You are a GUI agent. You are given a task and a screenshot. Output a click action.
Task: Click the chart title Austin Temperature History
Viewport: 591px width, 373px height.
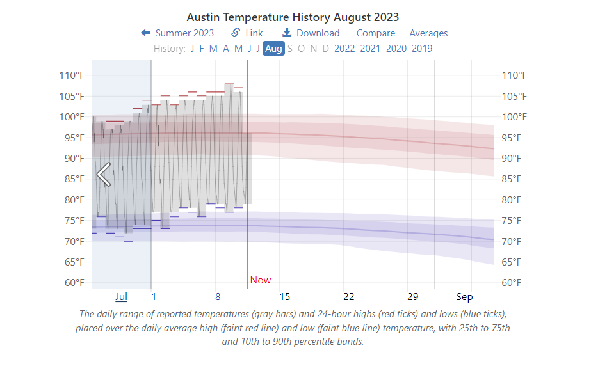293,17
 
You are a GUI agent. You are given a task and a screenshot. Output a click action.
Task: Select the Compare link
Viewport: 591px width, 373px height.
376,33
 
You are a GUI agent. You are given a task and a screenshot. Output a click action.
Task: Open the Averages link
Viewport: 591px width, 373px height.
428,33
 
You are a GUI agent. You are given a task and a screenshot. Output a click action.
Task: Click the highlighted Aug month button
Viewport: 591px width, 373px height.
273,48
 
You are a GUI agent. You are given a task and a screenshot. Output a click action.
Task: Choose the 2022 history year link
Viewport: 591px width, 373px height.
344,48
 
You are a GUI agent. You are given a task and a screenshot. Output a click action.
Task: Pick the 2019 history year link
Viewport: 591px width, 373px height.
422,48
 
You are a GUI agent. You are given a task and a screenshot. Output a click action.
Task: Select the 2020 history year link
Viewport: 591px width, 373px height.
396,48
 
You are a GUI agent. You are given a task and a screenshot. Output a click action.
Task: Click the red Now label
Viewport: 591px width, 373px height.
261,280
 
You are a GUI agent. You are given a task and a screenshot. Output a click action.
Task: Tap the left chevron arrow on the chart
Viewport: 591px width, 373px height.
104,174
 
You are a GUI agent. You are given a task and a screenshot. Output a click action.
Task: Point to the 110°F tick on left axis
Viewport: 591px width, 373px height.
72,75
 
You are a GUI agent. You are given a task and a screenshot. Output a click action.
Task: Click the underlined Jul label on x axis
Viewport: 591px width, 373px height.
122,297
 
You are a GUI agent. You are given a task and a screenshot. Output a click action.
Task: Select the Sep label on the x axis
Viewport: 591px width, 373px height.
464,297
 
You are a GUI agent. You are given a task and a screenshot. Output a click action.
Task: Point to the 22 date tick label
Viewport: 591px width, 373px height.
348,297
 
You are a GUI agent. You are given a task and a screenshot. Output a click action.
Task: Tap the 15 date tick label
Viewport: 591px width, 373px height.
285,297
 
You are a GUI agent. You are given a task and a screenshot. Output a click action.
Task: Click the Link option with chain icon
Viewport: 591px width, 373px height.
247,33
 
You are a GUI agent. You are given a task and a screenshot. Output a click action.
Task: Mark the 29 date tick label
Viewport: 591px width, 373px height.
412,297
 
